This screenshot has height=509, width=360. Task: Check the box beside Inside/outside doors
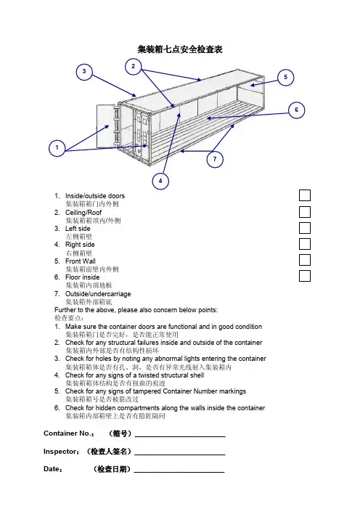click(305, 195)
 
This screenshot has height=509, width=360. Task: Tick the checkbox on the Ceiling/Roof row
click(305, 212)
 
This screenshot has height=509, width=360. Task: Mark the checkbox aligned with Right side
click(305, 244)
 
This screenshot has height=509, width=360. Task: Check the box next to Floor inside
click(305, 276)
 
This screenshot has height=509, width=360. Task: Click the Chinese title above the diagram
click(180, 49)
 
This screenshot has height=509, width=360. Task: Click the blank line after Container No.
click(180, 436)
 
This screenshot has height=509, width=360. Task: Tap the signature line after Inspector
click(180, 455)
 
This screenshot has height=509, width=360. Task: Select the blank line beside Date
click(179, 472)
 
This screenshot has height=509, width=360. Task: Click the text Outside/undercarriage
click(98, 294)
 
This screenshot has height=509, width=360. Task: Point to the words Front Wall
click(81, 261)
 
